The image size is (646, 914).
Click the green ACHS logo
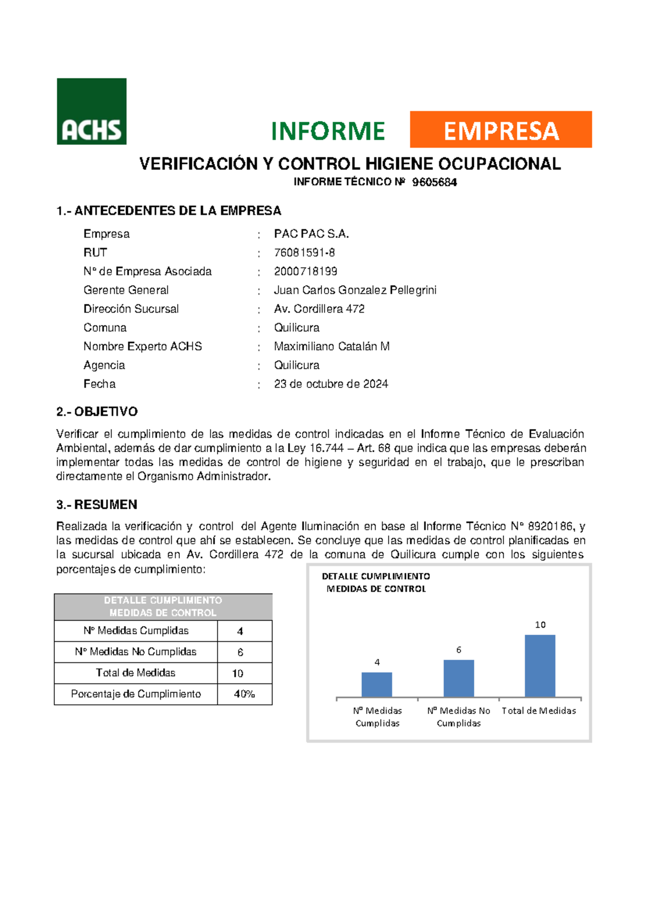(92, 112)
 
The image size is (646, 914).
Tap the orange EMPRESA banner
(501, 130)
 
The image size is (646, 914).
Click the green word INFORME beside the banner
(328, 131)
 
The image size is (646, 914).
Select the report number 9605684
(434, 182)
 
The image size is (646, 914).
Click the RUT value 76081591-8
(304, 253)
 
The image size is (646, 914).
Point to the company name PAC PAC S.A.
(311, 234)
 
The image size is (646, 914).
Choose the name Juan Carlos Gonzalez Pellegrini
(355, 290)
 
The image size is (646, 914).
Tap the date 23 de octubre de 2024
(331, 384)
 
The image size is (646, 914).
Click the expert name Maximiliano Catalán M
(332, 347)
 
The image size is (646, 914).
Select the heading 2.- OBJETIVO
(97, 412)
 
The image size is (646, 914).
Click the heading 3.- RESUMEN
(97, 504)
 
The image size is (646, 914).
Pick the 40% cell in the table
(244, 694)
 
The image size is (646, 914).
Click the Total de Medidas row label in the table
(136, 673)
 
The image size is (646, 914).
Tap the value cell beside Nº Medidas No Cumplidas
(240, 652)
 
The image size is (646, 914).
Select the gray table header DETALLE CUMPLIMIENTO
(163, 607)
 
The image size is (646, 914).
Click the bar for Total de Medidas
(540, 666)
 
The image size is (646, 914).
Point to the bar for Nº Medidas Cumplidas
(377, 684)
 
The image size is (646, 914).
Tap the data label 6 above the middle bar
(459, 650)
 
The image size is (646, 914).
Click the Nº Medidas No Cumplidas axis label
(459, 717)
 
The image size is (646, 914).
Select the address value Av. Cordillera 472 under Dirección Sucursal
(319, 309)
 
